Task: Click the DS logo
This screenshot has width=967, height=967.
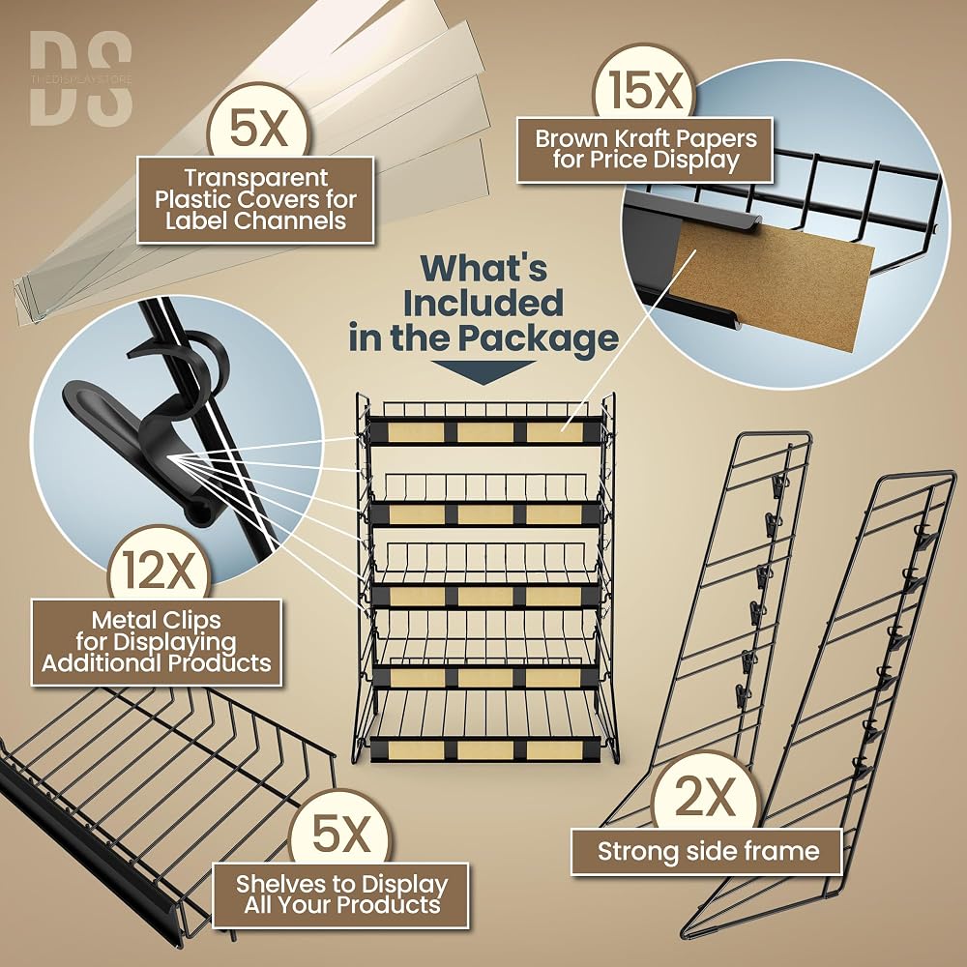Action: click(x=81, y=78)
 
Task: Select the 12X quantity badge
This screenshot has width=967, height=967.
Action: click(x=160, y=569)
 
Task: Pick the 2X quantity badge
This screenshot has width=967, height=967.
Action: click(x=704, y=797)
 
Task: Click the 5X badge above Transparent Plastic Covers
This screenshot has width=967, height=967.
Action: click(x=258, y=128)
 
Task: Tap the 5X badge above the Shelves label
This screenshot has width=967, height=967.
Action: click(x=340, y=834)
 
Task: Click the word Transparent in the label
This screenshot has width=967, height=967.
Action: click(x=256, y=178)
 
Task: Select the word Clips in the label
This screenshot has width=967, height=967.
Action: click(x=191, y=620)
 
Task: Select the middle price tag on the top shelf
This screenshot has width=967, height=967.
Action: click(x=485, y=431)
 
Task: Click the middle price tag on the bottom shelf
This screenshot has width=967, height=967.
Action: click(x=485, y=750)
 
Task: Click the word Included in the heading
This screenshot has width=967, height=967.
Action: click(x=483, y=303)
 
